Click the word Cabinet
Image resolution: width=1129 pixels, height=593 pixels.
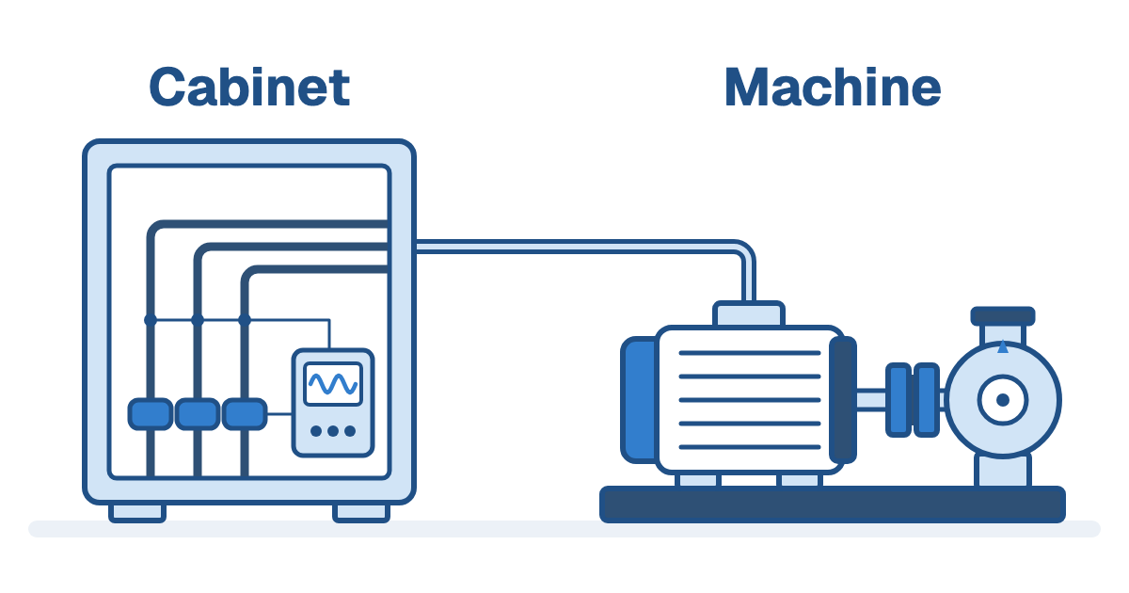coord(249,87)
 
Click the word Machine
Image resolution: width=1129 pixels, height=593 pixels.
coord(833,87)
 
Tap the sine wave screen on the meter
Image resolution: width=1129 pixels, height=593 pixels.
coord(333,384)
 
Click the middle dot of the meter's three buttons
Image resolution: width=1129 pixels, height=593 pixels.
coord(333,431)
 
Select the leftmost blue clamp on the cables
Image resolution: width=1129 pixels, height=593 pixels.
coord(151,414)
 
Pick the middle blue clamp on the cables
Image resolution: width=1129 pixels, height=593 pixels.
coord(197,414)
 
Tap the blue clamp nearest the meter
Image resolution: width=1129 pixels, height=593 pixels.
coord(245,414)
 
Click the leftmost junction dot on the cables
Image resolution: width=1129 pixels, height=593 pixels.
coord(151,320)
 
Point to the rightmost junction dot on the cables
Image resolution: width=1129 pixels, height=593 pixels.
coord(245,320)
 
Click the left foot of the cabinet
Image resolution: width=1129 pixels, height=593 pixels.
coord(137,512)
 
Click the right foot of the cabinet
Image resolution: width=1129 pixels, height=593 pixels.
coord(361,512)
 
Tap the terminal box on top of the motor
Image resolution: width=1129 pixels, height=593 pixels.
coord(749,314)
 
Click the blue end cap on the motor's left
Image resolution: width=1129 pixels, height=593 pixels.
coord(640,400)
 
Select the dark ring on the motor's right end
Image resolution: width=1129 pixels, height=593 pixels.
coord(843,400)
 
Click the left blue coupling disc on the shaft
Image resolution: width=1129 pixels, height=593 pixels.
coord(898,400)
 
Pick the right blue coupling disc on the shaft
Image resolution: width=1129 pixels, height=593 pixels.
coord(927,400)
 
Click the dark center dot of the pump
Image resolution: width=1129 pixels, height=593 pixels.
coord(1003,400)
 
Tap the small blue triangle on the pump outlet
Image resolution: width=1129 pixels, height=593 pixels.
coord(1003,347)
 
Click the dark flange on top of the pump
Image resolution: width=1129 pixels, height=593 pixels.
coord(1003,316)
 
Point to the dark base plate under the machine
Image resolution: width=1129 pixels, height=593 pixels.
coord(833,505)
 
